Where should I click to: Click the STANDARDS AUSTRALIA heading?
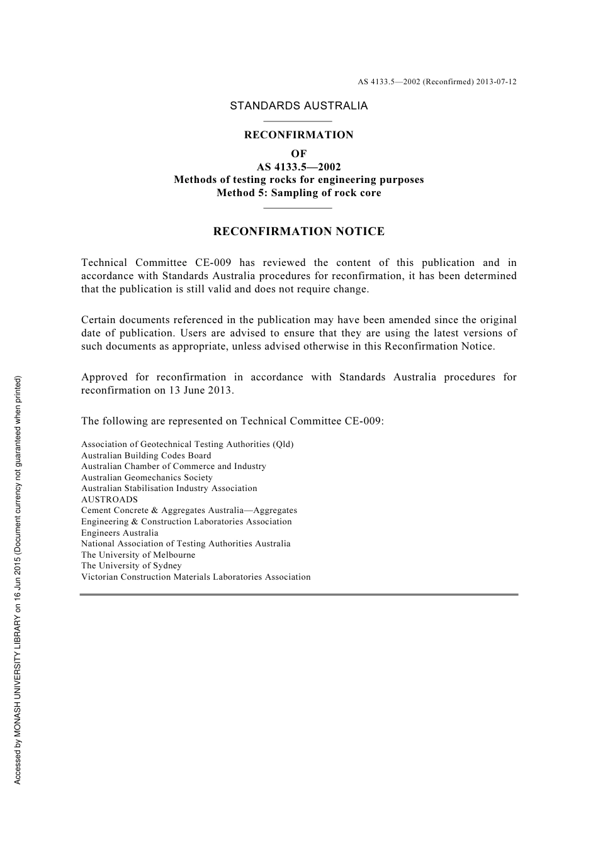pos(298,106)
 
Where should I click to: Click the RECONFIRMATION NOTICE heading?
pos(298,231)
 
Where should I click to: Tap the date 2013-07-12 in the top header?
pos(496,82)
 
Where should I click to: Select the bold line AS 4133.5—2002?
pos(298,167)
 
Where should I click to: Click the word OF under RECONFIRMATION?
pos(298,153)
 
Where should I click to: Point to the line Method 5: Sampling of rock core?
pos(298,193)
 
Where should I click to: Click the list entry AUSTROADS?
pos(109,500)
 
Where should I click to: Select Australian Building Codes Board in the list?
pos(146,455)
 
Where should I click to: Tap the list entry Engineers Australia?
pos(120,533)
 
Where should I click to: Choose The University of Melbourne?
pos(138,555)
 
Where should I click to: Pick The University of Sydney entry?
pos(131,565)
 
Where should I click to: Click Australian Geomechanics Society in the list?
pos(147,477)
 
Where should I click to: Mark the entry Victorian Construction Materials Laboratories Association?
pos(196,577)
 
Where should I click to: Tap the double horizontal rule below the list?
pos(298,594)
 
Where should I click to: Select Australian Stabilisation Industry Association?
pos(169,489)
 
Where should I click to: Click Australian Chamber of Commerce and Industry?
pos(173,467)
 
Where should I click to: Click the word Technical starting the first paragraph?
pos(104,263)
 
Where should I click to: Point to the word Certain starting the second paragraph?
pos(99,320)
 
